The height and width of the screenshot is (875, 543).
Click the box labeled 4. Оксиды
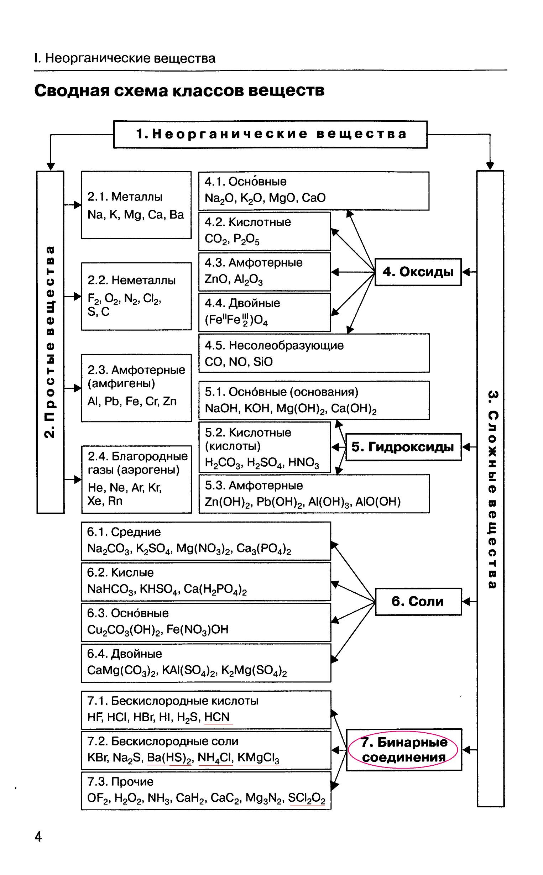(x=418, y=272)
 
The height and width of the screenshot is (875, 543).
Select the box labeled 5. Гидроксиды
(x=403, y=447)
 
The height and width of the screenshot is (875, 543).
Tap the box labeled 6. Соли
(x=418, y=601)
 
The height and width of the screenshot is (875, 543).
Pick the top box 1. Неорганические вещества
(x=270, y=134)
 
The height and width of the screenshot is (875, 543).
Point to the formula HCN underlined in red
(x=217, y=717)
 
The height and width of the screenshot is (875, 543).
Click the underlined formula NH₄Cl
(x=215, y=757)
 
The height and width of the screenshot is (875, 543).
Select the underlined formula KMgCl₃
(x=258, y=757)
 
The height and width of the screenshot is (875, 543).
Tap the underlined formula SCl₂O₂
(x=306, y=798)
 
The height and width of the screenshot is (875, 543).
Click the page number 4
(x=38, y=837)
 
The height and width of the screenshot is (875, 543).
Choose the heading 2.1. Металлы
(x=125, y=197)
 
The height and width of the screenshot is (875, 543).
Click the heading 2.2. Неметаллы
(x=131, y=280)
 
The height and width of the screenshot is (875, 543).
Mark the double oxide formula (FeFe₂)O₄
(x=236, y=320)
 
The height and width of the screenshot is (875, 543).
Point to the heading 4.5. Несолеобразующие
(x=274, y=345)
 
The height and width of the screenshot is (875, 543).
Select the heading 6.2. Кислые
(x=120, y=572)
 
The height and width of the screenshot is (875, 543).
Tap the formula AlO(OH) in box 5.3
(x=378, y=502)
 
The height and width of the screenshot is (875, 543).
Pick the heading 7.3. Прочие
(x=120, y=782)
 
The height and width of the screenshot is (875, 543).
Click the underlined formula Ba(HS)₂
(x=169, y=757)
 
